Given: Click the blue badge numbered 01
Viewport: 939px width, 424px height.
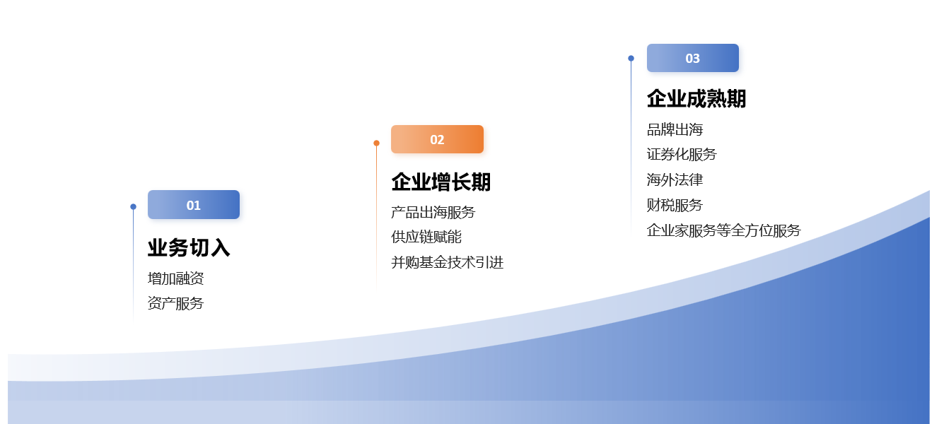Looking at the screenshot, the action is tap(194, 204).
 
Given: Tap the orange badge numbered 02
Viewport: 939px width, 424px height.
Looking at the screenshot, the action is tap(437, 139).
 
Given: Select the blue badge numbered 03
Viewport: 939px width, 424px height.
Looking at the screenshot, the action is tap(692, 58).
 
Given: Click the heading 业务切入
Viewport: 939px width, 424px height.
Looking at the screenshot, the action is tap(189, 247).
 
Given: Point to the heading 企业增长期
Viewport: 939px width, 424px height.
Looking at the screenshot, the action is tap(441, 182).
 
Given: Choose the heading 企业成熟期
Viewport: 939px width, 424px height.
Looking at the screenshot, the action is tap(696, 99).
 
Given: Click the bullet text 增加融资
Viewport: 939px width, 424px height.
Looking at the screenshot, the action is tap(175, 278).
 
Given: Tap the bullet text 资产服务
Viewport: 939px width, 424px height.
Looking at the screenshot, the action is tap(175, 303).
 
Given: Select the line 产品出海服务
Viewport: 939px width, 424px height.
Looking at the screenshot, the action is tap(433, 213).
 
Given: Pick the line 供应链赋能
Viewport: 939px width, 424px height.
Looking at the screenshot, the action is tap(426, 237).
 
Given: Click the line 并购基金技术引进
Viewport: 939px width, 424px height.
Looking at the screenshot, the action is tap(448, 263).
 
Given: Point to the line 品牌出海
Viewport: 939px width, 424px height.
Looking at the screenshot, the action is tap(675, 129).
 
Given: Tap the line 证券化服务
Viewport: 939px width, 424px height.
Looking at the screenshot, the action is tap(682, 154).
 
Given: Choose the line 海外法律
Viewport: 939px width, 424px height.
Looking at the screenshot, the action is tap(675, 179).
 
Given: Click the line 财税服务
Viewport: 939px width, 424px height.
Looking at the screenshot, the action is tap(675, 205).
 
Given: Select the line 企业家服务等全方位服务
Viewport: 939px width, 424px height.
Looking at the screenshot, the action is tap(724, 230).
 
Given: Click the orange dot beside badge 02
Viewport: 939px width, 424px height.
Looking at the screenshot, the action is tap(376, 143).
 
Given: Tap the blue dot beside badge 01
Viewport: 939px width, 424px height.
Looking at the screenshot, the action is tap(134, 206).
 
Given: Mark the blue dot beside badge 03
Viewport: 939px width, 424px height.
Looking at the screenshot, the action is tap(631, 58).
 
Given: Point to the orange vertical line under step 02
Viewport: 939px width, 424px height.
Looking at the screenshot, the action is tap(376, 218).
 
